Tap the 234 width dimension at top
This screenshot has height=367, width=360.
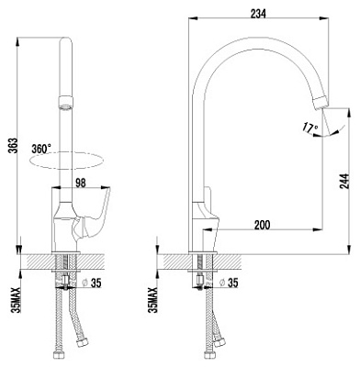click(258, 14)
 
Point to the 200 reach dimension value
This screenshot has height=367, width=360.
click(263, 225)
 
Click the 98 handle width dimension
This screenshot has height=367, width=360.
click(81, 183)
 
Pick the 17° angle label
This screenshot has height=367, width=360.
click(309, 127)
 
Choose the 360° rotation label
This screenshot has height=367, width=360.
click(41, 149)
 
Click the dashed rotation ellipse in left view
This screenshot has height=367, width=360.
click(66, 161)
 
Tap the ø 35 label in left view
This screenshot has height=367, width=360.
click(92, 284)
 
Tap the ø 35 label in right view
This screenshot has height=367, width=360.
click(229, 283)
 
